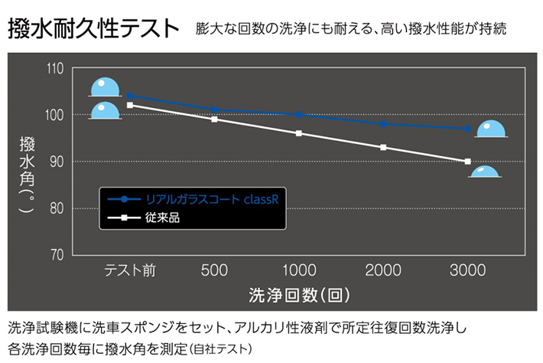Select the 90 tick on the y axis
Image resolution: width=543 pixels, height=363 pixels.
[x=56, y=162]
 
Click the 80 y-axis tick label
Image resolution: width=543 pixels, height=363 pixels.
[x=56, y=208]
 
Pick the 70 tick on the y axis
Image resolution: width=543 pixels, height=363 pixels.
[x=56, y=254]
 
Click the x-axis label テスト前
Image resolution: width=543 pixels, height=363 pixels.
[x=130, y=270]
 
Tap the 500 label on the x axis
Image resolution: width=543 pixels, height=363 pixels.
[x=214, y=270]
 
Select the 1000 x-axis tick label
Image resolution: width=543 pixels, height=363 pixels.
[x=298, y=270]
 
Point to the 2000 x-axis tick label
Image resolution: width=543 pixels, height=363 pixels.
[x=383, y=270]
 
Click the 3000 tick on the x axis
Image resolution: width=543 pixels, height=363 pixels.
[x=467, y=270]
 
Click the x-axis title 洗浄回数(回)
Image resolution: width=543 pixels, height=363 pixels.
[x=299, y=295]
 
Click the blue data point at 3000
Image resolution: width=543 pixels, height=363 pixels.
[x=467, y=129]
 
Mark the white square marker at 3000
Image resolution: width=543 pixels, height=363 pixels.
[x=467, y=162]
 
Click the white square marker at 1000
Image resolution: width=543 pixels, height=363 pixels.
[x=299, y=133]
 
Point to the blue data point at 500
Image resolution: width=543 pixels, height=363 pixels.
[x=215, y=110]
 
